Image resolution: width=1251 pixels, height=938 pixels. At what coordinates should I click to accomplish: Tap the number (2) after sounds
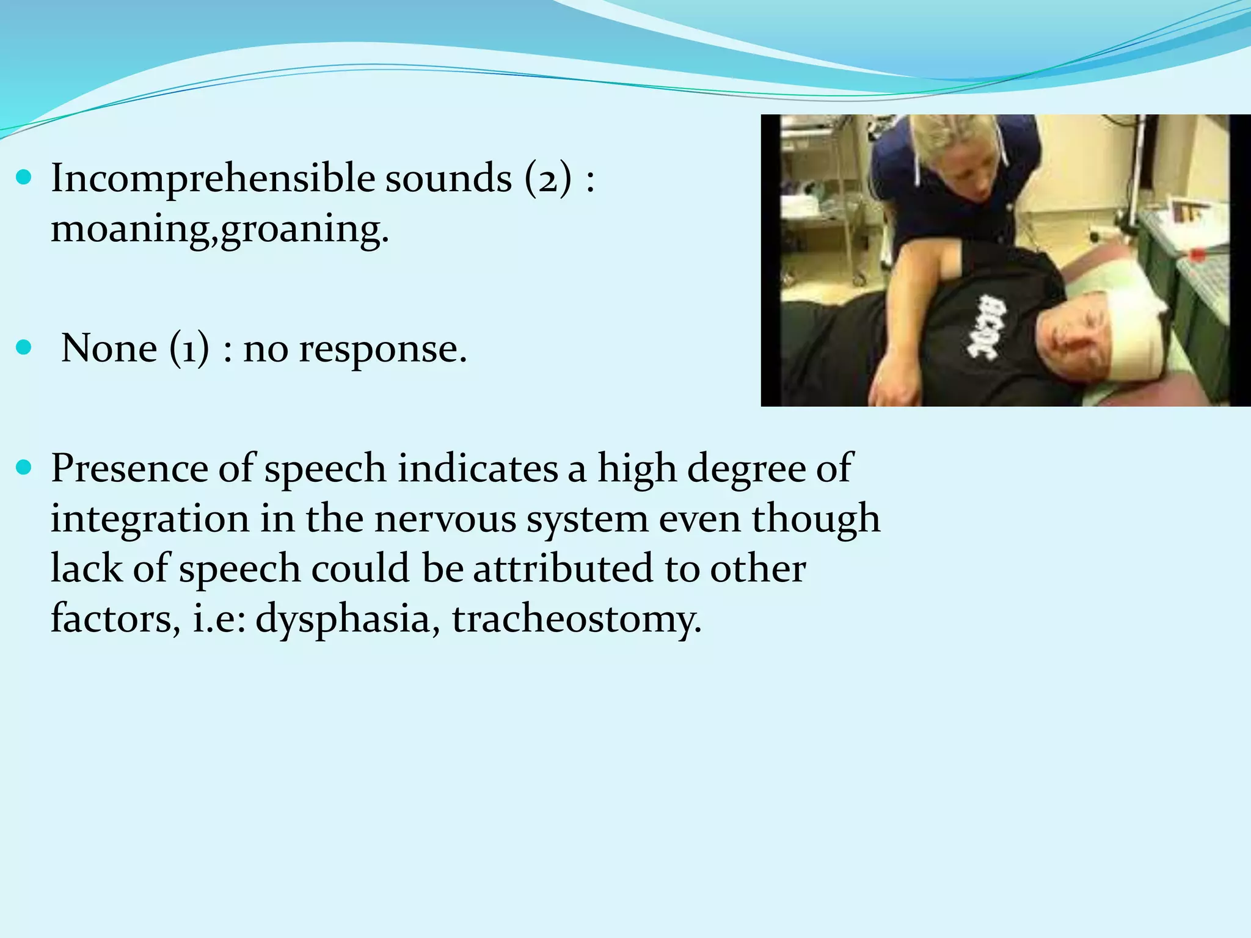pos(549,179)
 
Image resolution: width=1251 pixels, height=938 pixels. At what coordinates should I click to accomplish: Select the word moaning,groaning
pos(219,230)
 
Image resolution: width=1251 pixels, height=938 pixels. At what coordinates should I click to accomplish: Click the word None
pos(109,349)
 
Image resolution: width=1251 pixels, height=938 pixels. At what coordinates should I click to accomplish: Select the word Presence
pos(129,468)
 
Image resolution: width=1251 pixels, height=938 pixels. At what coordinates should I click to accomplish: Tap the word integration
pos(150,519)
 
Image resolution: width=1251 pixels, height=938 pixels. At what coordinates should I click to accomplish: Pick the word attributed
pos(563,568)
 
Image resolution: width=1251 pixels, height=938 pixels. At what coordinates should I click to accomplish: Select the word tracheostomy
pos(577,619)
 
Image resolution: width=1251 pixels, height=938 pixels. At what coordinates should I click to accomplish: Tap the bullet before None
pos(24,348)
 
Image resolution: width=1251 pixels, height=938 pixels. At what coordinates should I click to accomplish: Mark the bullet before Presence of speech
pos(24,468)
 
